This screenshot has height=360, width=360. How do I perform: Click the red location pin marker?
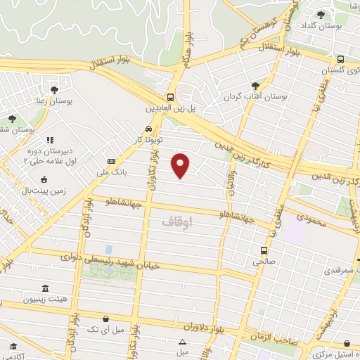(x=181, y=165)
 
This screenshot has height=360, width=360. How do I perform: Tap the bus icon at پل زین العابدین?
(x=171, y=97)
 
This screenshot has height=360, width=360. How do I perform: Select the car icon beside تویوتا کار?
(x=148, y=129)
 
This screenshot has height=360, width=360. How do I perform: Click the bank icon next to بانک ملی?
(x=111, y=161)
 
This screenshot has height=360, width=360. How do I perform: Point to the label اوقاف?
(x=176, y=221)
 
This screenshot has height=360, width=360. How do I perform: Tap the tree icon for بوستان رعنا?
(x=54, y=89)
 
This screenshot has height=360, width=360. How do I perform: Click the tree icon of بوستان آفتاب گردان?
(x=255, y=85)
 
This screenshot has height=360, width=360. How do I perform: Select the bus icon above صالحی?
(x=264, y=250)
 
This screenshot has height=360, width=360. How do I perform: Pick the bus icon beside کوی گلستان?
(x=340, y=60)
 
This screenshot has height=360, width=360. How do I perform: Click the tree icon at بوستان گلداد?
(x=321, y=14)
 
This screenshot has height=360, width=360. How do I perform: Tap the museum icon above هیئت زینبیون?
(x=46, y=288)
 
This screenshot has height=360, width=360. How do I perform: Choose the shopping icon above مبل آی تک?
(x=105, y=319)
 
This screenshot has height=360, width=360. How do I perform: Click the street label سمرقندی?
(x=336, y=270)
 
